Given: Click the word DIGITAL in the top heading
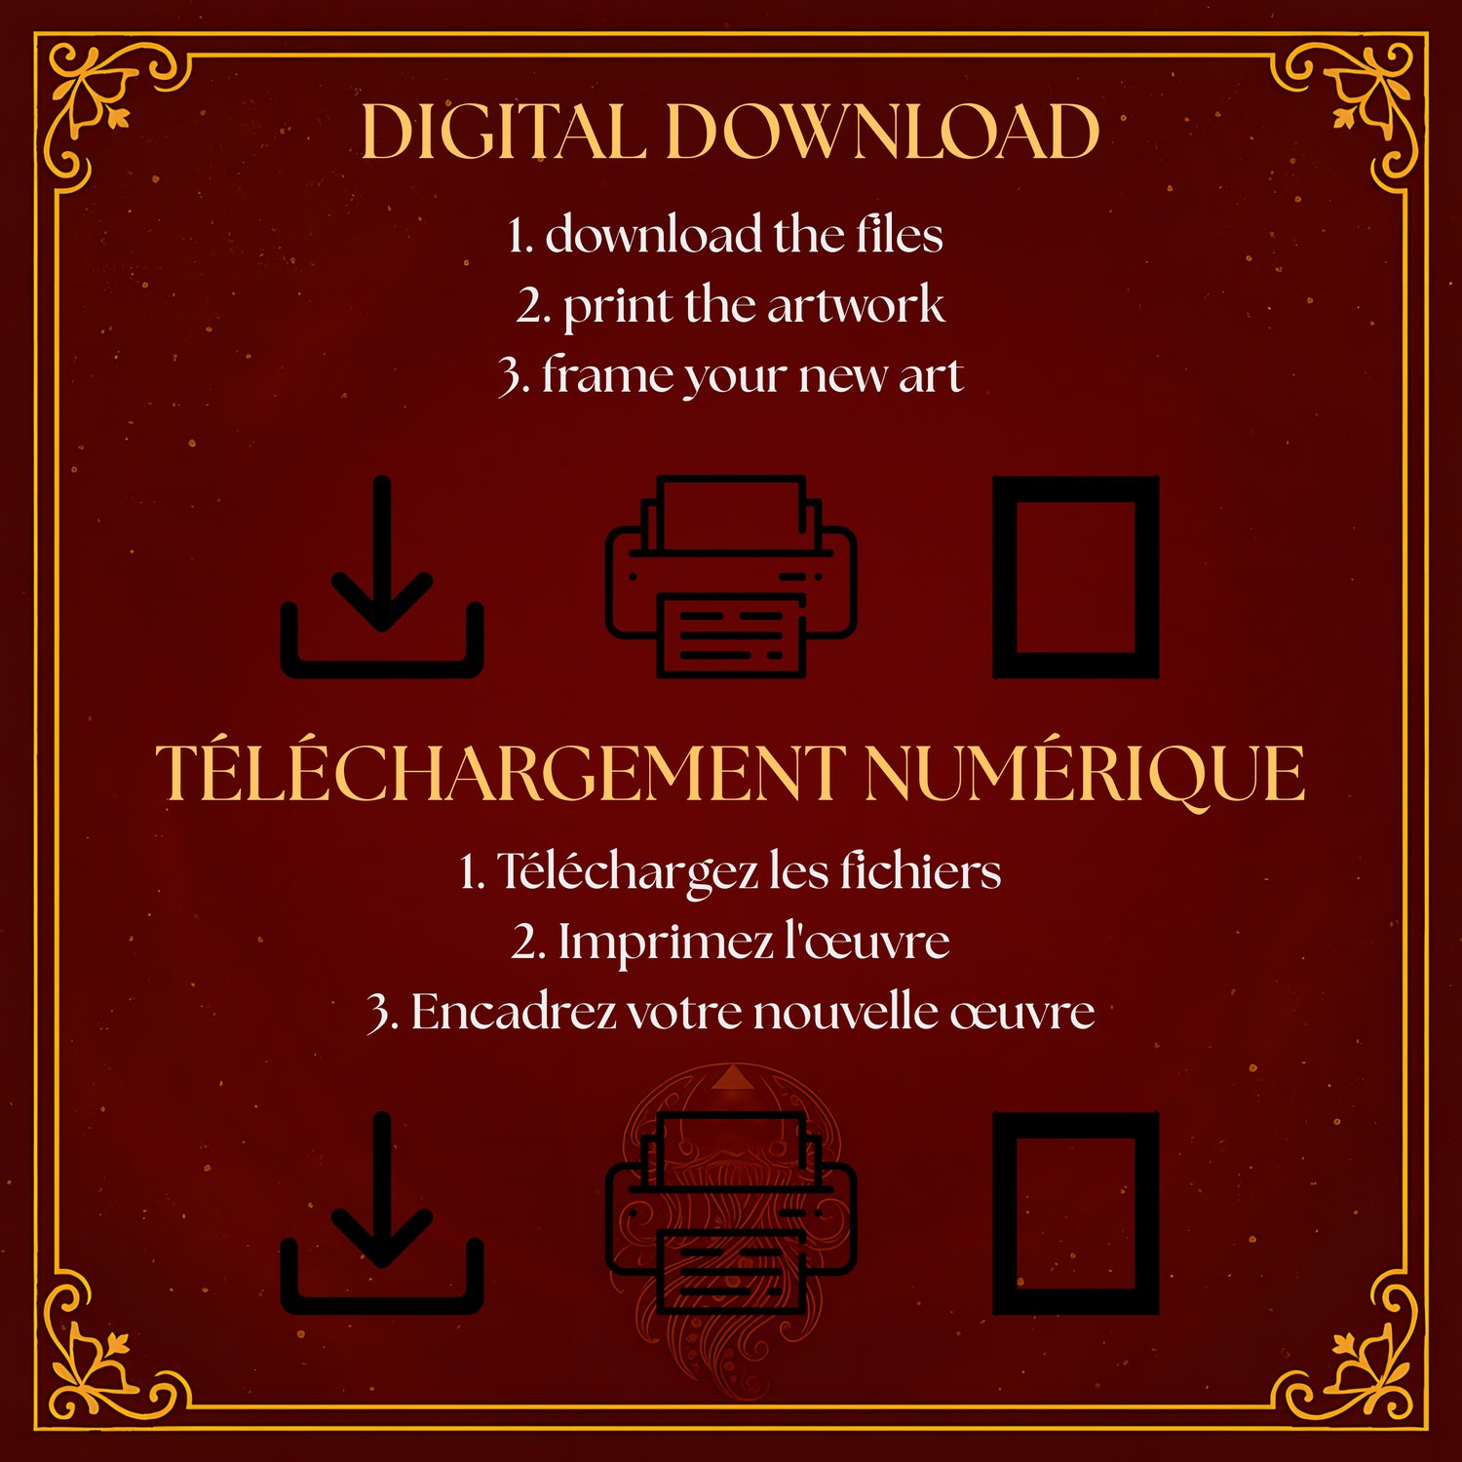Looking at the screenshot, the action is click(x=503, y=132).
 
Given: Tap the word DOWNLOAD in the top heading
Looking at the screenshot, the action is click(x=884, y=132).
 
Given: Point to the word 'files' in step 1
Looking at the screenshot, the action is click(x=900, y=235).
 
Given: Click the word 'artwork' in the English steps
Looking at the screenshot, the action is click(x=855, y=306).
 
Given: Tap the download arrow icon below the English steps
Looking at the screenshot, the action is click(x=382, y=576).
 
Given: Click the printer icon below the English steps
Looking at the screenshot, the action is click(x=731, y=576).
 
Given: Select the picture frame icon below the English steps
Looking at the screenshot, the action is click(x=1004, y=576).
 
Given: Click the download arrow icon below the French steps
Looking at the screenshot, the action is click(x=382, y=1212).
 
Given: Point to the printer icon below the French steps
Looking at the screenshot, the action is click(x=731, y=1212).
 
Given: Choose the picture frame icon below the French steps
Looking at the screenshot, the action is click(x=1004, y=1212).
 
